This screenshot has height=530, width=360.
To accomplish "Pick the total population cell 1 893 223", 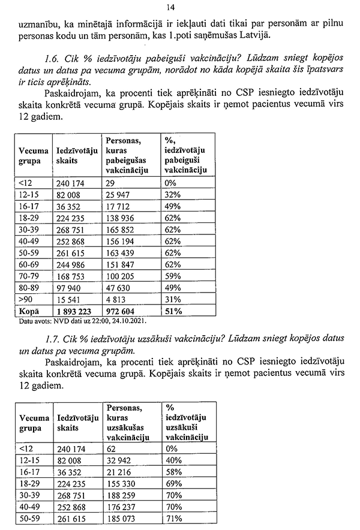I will tap(76, 312).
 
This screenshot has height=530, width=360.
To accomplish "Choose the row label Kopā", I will tap(29, 312).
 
